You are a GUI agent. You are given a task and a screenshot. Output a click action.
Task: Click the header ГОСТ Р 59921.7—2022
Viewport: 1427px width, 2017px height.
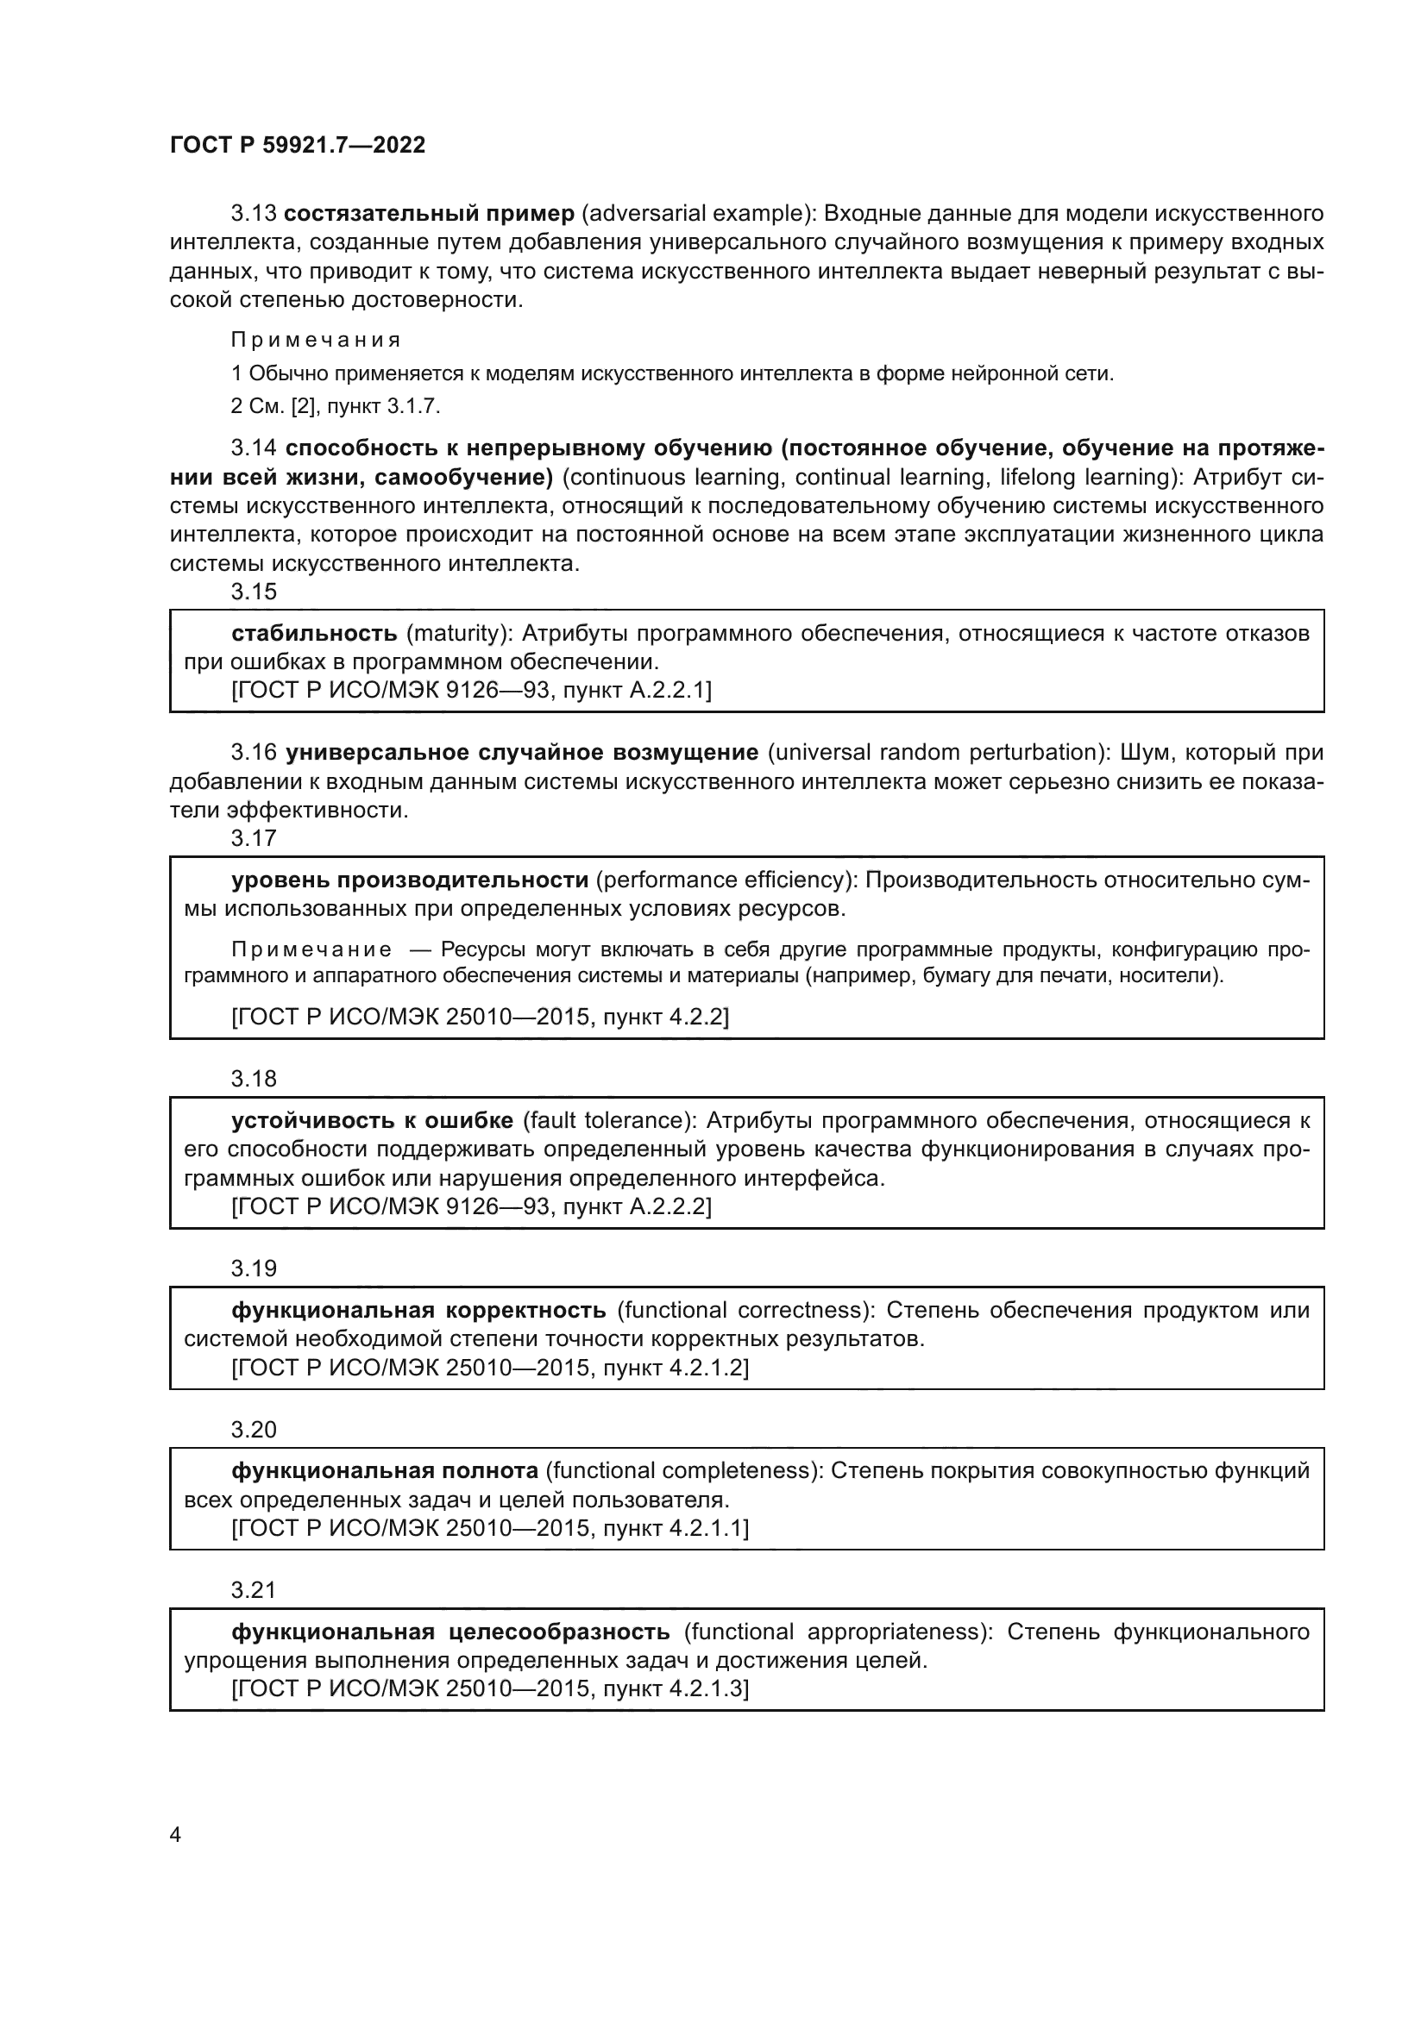coord(297,145)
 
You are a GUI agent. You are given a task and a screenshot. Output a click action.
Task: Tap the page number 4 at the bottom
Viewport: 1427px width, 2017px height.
coord(175,1834)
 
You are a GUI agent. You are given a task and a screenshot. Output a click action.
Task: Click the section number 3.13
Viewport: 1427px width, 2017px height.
coord(254,214)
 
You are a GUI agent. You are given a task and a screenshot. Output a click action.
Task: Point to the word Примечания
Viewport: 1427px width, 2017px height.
coord(316,340)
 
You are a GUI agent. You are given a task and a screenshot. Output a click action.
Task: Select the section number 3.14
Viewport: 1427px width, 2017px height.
coord(254,448)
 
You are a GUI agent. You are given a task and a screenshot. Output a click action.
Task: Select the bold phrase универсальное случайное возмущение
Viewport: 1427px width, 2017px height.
coord(522,752)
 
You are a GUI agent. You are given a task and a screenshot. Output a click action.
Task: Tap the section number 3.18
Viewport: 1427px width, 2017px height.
coord(254,1078)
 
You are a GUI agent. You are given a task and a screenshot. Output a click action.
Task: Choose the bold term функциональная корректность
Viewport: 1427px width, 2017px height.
coord(418,1310)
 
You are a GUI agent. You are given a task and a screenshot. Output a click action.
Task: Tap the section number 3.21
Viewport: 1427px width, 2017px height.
coord(254,1589)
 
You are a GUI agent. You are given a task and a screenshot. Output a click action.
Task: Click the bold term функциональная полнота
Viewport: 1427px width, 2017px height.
coord(384,1469)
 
